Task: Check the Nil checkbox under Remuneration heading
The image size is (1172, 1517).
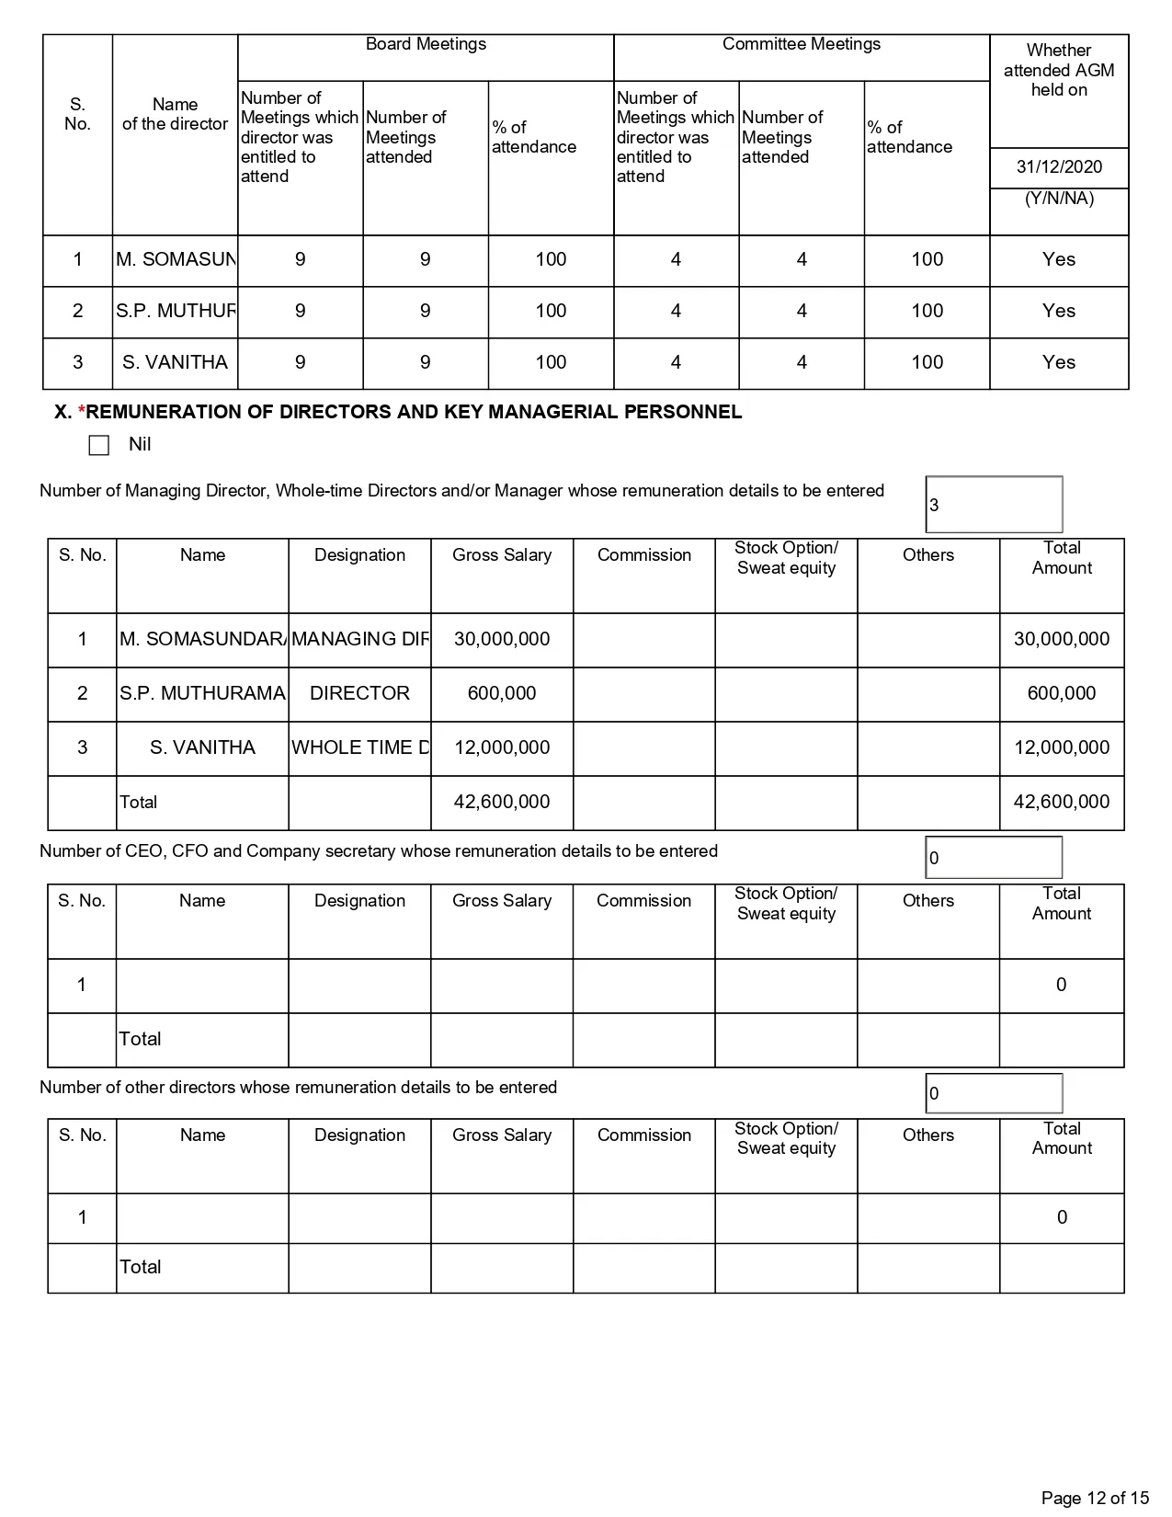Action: click(x=99, y=445)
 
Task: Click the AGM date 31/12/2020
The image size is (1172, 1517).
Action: click(x=1059, y=167)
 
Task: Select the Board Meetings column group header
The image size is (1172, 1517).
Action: click(x=426, y=44)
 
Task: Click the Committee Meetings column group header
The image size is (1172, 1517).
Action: click(x=802, y=44)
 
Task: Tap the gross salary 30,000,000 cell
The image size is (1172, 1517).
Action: click(x=502, y=639)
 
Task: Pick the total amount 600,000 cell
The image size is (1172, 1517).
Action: click(x=1062, y=693)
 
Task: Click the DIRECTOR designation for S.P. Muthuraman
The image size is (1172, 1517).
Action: click(x=359, y=693)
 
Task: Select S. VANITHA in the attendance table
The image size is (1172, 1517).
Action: click(x=175, y=362)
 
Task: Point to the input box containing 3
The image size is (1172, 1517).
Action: click(x=994, y=505)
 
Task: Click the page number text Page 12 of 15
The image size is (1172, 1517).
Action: click(x=1095, y=1498)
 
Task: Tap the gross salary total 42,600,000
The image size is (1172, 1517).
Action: click(x=502, y=802)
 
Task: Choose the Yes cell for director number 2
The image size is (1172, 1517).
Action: click(x=1059, y=311)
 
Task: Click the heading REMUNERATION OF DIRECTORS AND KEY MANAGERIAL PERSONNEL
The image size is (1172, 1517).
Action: click(x=414, y=412)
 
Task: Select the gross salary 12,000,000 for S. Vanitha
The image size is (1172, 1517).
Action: click(x=502, y=747)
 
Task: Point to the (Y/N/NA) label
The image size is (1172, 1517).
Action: click(x=1059, y=199)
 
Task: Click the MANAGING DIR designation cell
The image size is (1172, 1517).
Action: click(x=359, y=639)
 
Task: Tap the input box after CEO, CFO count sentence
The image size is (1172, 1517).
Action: click(x=994, y=858)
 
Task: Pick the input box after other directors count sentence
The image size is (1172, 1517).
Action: click(x=994, y=1093)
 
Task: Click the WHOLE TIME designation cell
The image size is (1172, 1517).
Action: click(x=359, y=747)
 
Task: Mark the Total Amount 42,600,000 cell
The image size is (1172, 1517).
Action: click(x=1062, y=802)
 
